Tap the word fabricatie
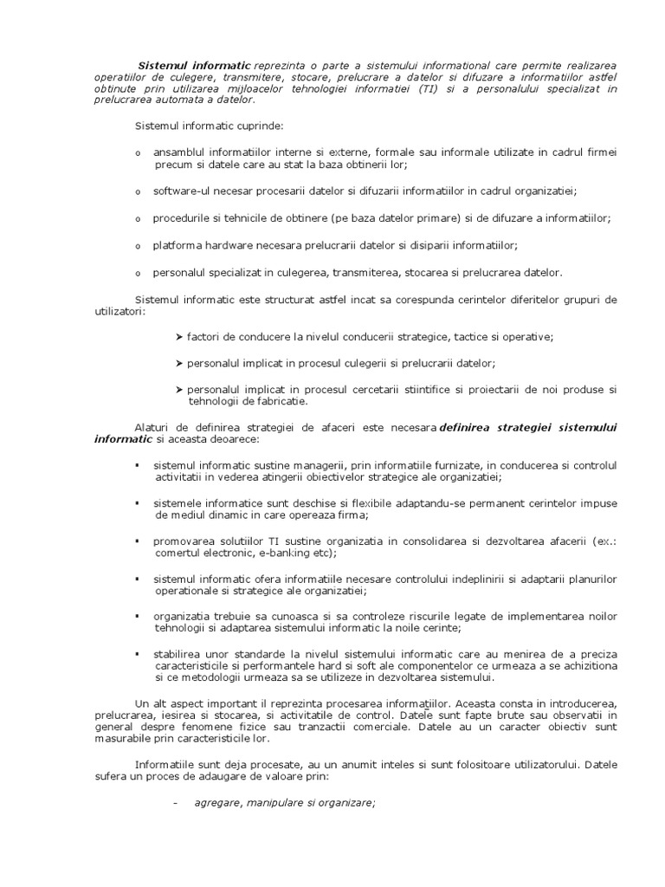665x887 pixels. [277, 401]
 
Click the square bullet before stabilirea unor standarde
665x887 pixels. [137, 654]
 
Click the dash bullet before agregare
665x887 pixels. [176, 803]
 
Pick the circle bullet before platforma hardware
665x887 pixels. [137, 246]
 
